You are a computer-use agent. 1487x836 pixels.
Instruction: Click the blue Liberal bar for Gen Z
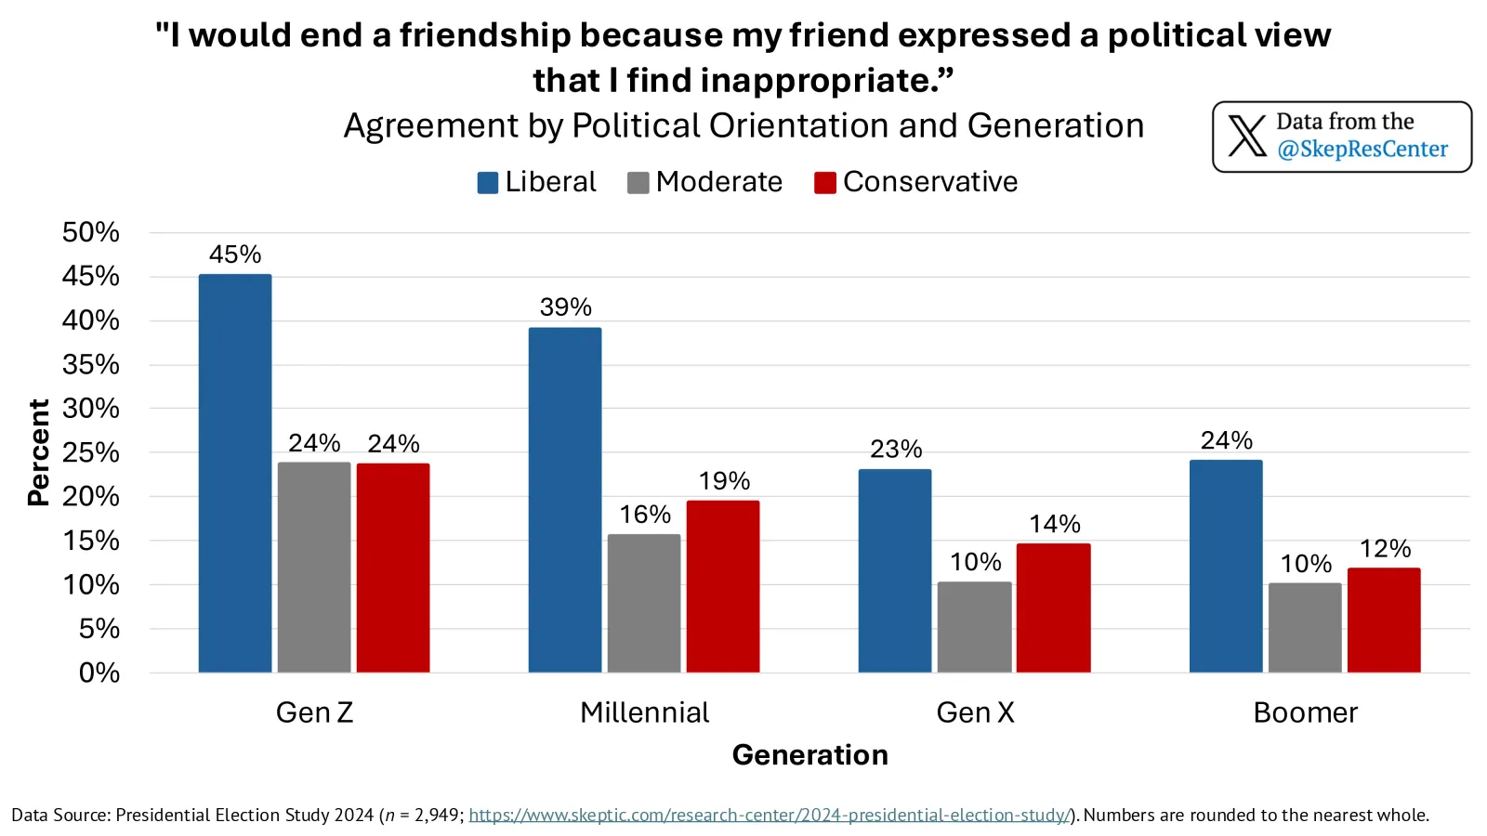pyautogui.click(x=235, y=474)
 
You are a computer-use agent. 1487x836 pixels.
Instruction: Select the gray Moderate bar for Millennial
pyautogui.click(x=644, y=604)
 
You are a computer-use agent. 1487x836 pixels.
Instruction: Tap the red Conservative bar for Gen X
pyautogui.click(x=1053, y=608)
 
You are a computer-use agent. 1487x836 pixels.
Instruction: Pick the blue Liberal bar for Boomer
pyautogui.click(x=1226, y=567)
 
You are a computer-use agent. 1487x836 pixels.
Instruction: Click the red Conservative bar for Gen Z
pyautogui.click(x=393, y=568)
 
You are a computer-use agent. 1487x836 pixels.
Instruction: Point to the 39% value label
pyautogui.click(x=565, y=307)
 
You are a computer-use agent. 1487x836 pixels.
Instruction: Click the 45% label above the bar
pyautogui.click(x=235, y=255)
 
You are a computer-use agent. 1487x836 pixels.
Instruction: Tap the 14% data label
pyautogui.click(x=1054, y=524)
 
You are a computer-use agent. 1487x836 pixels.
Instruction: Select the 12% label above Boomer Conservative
pyautogui.click(x=1385, y=549)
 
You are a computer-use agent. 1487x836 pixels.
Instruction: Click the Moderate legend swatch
pyautogui.click(x=638, y=183)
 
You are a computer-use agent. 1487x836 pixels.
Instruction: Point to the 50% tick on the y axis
pyautogui.click(x=91, y=232)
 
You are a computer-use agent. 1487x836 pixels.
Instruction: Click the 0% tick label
pyautogui.click(x=99, y=673)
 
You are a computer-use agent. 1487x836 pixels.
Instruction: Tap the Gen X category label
pyautogui.click(x=975, y=712)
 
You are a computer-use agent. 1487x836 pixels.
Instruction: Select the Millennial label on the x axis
pyautogui.click(x=644, y=712)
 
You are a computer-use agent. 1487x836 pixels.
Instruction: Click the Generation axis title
pyautogui.click(x=809, y=755)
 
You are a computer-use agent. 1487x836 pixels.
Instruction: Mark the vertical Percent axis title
pyautogui.click(x=38, y=452)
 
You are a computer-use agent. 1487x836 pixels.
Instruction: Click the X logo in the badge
pyautogui.click(x=1247, y=137)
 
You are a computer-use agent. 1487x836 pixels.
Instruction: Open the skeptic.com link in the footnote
pyautogui.click(x=769, y=816)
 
